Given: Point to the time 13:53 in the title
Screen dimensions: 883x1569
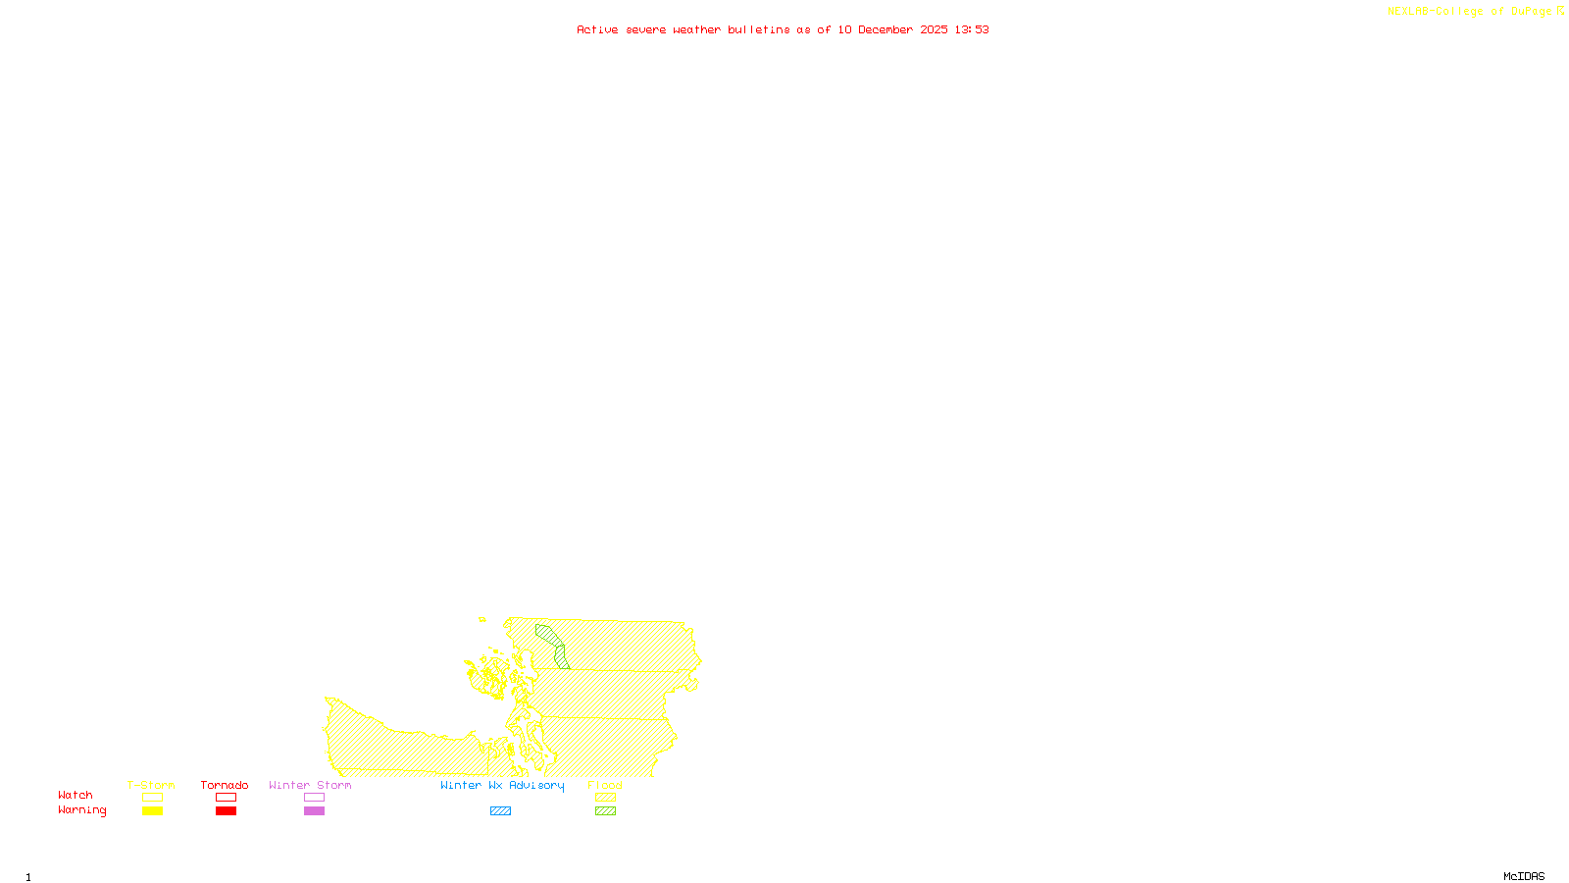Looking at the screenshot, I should [972, 29].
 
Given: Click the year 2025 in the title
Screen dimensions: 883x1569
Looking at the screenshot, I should [934, 29].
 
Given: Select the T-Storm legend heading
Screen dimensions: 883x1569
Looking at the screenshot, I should [151, 785].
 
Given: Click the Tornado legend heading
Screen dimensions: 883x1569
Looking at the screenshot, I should [225, 785].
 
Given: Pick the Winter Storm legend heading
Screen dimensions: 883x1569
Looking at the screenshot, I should [310, 785].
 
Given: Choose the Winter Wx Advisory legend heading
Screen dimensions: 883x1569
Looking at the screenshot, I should [502, 785].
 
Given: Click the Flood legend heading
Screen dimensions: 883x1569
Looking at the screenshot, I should [605, 785].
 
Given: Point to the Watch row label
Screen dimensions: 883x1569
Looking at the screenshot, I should [76, 795].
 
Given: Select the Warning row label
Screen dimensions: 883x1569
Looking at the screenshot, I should [82, 810].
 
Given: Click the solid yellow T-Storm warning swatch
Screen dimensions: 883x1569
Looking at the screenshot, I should [152, 811].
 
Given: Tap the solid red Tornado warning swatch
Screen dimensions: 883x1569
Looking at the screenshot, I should [226, 811].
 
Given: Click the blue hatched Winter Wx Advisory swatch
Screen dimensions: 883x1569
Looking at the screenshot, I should [500, 811].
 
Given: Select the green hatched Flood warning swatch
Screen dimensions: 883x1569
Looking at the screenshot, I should [605, 811].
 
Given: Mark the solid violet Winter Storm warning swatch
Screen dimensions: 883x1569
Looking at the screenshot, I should [314, 811].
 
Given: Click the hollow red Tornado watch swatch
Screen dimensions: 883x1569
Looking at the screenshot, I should [226, 798].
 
